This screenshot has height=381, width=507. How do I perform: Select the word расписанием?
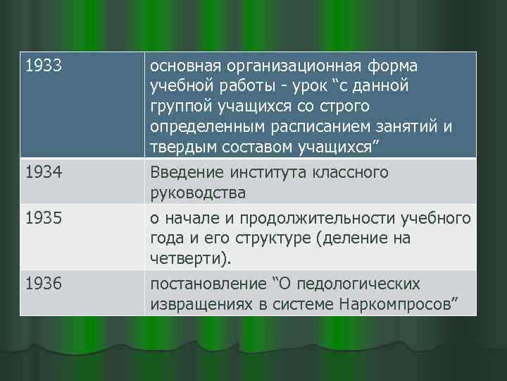coord(320,127)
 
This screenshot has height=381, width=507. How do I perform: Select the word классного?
coord(349,172)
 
